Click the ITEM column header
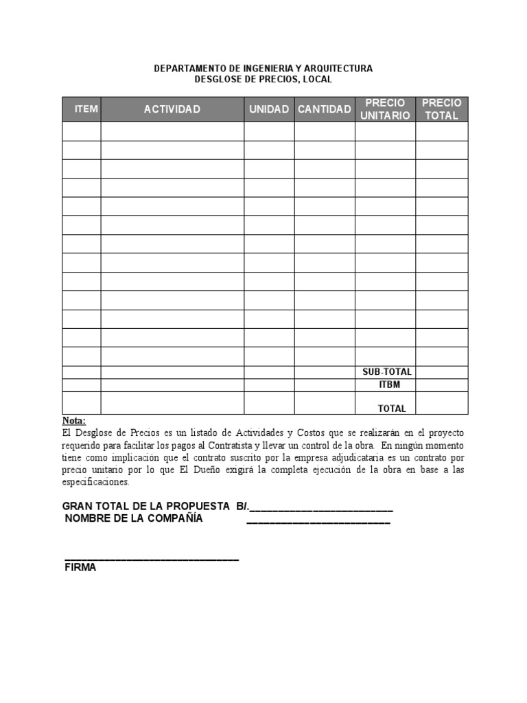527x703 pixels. [x=86, y=109]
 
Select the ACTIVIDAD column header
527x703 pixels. [x=172, y=109]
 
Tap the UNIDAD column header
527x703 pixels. [x=269, y=109]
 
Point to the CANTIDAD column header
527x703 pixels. [x=324, y=109]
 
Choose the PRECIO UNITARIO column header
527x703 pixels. [x=385, y=109]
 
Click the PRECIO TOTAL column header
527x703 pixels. [x=442, y=109]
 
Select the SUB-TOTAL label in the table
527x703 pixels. [x=387, y=372]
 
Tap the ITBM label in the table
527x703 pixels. [x=389, y=384]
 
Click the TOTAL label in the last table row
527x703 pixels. [x=392, y=408]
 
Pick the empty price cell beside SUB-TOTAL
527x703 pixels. [x=442, y=372]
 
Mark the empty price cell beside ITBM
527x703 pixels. [x=442, y=384]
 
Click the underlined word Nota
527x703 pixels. [x=74, y=421]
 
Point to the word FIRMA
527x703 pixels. [x=80, y=568]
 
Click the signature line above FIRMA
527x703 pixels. [x=152, y=560]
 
